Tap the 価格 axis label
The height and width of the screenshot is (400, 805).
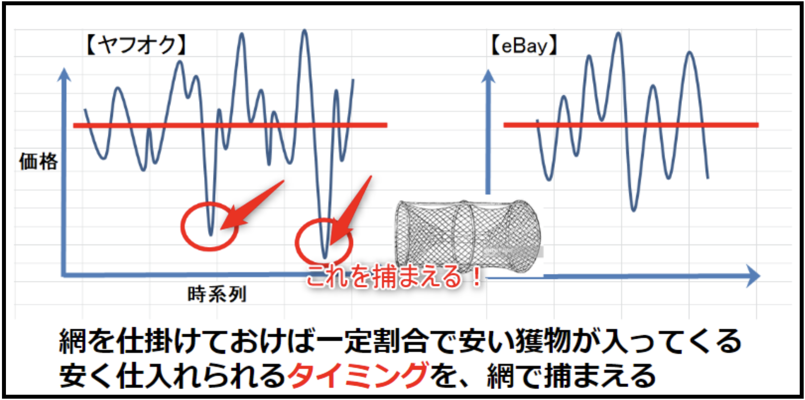click(39, 161)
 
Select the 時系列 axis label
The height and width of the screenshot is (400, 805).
click(217, 294)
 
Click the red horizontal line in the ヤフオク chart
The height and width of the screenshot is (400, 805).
click(230, 125)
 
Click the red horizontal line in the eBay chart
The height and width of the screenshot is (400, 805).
click(631, 125)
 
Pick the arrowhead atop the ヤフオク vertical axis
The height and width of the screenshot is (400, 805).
click(64, 74)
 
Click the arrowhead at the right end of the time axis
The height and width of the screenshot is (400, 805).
click(753, 276)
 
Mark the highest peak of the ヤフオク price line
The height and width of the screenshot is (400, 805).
click(305, 30)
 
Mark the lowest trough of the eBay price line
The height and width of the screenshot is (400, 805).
click(633, 210)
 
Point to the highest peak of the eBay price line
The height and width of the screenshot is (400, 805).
click(618, 33)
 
